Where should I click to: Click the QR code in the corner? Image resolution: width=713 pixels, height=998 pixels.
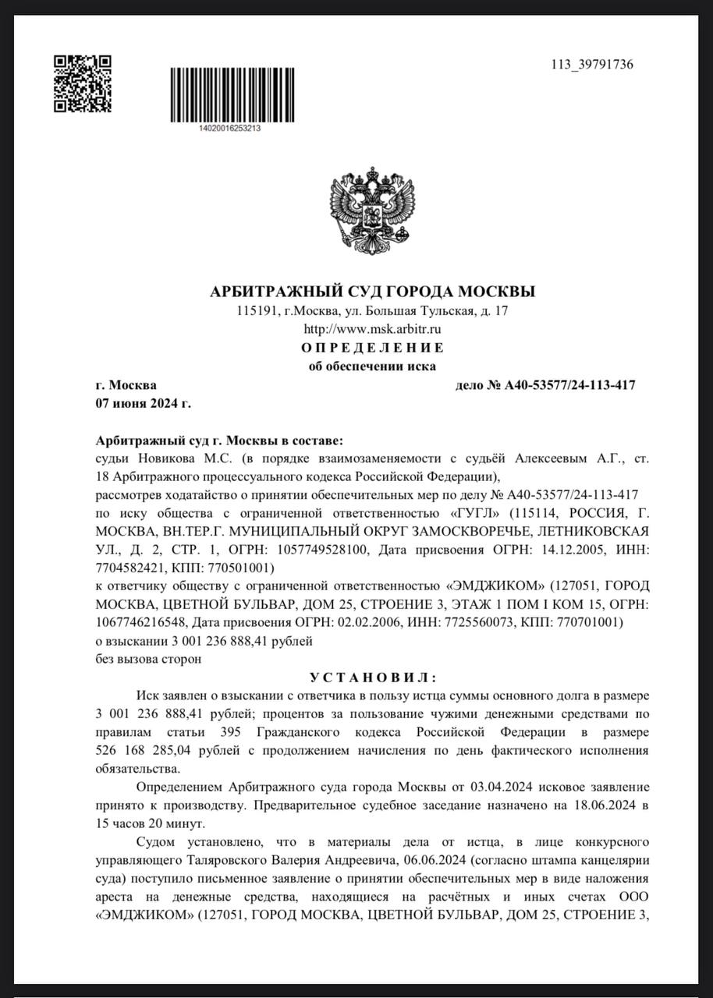click(82, 83)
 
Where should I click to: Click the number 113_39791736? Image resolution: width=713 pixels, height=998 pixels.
click(592, 64)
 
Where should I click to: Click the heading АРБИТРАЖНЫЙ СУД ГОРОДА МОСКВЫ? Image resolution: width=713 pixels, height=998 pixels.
click(373, 292)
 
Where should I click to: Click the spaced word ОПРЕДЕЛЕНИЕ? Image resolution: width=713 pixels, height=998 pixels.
click(373, 348)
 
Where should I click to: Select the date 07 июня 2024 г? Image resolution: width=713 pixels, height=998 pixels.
click(143, 403)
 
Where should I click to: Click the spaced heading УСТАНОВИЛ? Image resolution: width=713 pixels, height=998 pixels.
click(373, 678)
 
